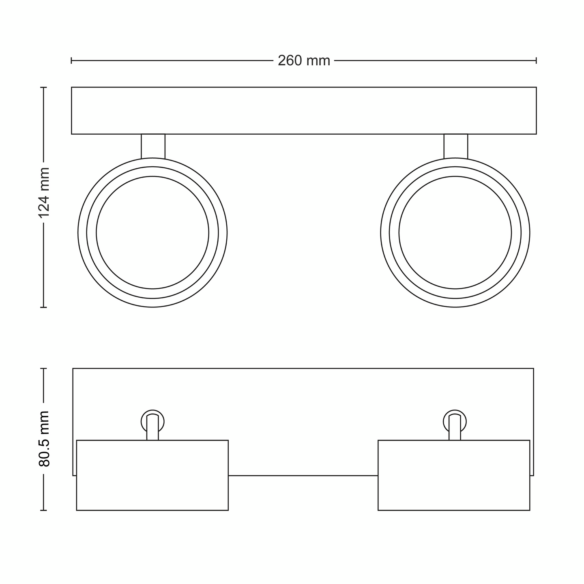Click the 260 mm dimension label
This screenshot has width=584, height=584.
(304, 61)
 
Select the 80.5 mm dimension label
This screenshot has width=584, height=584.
(44, 438)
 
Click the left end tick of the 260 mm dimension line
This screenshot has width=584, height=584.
(71, 60)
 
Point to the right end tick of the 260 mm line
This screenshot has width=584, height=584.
(536, 60)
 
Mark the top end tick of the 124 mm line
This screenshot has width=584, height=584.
(44, 87)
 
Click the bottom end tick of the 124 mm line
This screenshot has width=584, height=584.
(44, 307)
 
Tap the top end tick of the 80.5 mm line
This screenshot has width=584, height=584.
(44, 369)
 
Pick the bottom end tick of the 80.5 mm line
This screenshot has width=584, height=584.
(44, 510)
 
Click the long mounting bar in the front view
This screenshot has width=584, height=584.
(304, 110)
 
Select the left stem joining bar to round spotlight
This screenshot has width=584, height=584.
(153, 146)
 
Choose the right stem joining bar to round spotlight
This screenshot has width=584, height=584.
(455, 146)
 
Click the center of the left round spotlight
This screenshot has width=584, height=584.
(152, 232)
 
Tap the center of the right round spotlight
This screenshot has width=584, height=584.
(455, 232)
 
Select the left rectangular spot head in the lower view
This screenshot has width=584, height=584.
(152, 475)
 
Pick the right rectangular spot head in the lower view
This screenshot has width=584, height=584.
(454, 475)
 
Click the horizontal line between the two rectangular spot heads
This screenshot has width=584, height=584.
(303, 475)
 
